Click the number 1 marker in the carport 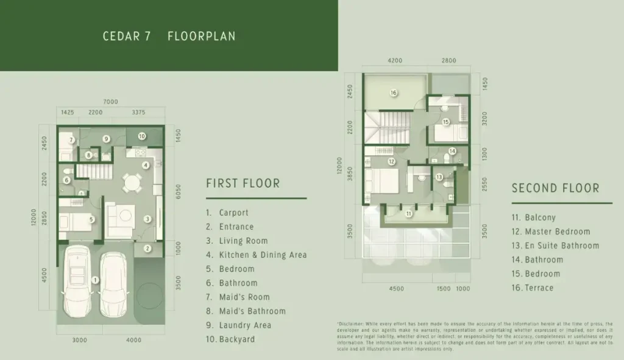point(95,280)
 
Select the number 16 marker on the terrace point(394,93)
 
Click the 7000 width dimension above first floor point(110,102)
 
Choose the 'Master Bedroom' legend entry point(557,231)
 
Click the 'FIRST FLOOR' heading point(243,183)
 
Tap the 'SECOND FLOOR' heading point(555,189)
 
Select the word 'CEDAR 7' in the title point(127,36)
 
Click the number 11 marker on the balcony point(409,214)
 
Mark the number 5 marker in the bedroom point(91,220)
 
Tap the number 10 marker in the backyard point(141,136)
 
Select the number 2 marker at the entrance point(147,248)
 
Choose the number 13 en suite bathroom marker point(439,177)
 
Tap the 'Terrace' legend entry point(539,288)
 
